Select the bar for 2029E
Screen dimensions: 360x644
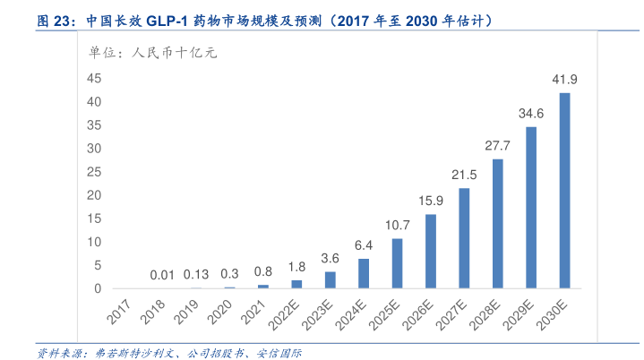531,207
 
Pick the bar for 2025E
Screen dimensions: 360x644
397,263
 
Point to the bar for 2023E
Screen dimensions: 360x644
330,279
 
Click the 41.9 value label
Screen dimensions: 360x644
564,80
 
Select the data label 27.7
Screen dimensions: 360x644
497,146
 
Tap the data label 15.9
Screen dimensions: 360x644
430,201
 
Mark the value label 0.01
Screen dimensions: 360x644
162,274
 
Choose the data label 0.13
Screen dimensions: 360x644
196,274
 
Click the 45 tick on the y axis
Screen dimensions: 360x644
94,79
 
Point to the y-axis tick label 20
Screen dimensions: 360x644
94,195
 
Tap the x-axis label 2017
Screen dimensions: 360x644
119,313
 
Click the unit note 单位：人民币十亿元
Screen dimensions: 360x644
152,53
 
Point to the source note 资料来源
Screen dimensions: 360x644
59,353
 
